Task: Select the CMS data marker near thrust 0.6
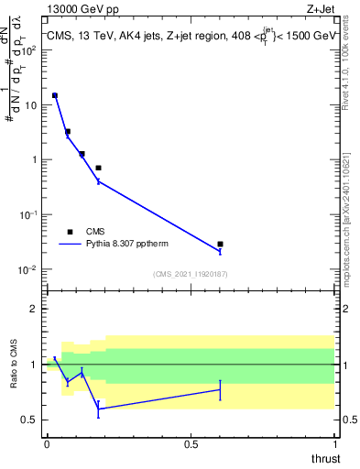220,245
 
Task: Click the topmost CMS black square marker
55,95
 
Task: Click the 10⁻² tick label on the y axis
28,269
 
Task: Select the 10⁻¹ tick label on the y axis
28,214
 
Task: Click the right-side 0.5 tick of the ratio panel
348,420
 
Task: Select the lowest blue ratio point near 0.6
98,409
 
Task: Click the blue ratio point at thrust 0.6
220,389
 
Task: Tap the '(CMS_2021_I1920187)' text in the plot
191,274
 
